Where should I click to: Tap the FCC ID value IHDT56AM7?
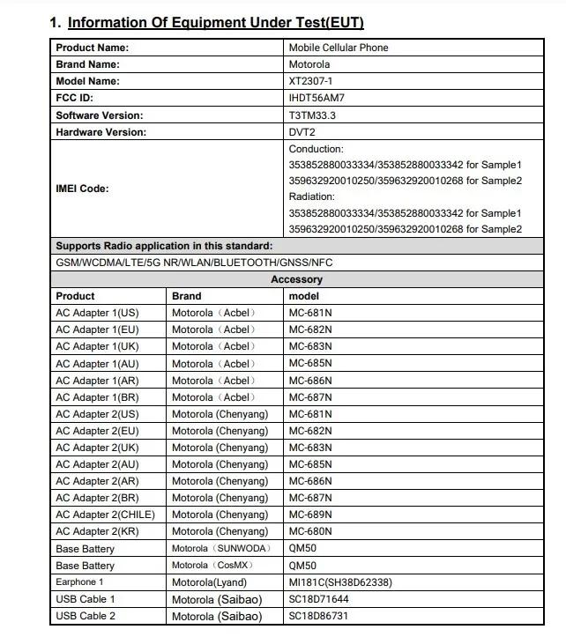[x=317, y=98]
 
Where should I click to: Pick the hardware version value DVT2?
[x=303, y=132]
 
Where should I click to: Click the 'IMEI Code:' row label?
[x=82, y=189]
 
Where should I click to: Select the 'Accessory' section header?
[x=296, y=279]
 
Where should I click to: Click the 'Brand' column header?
[x=186, y=296]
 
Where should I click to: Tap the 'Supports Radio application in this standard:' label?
[x=164, y=246]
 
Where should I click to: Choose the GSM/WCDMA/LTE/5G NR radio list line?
[x=194, y=263]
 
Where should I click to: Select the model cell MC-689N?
[x=310, y=515]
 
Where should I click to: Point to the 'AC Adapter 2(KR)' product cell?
[x=96, y=531]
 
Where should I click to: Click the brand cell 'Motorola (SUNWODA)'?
[x=220, y=549]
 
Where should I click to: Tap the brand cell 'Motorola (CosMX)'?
[x=213, y=566]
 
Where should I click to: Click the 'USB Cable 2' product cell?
[x=86, y=616]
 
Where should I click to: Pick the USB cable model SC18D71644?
[x=319, y=599]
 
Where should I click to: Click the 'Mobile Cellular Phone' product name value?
[x=339, y=48]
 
